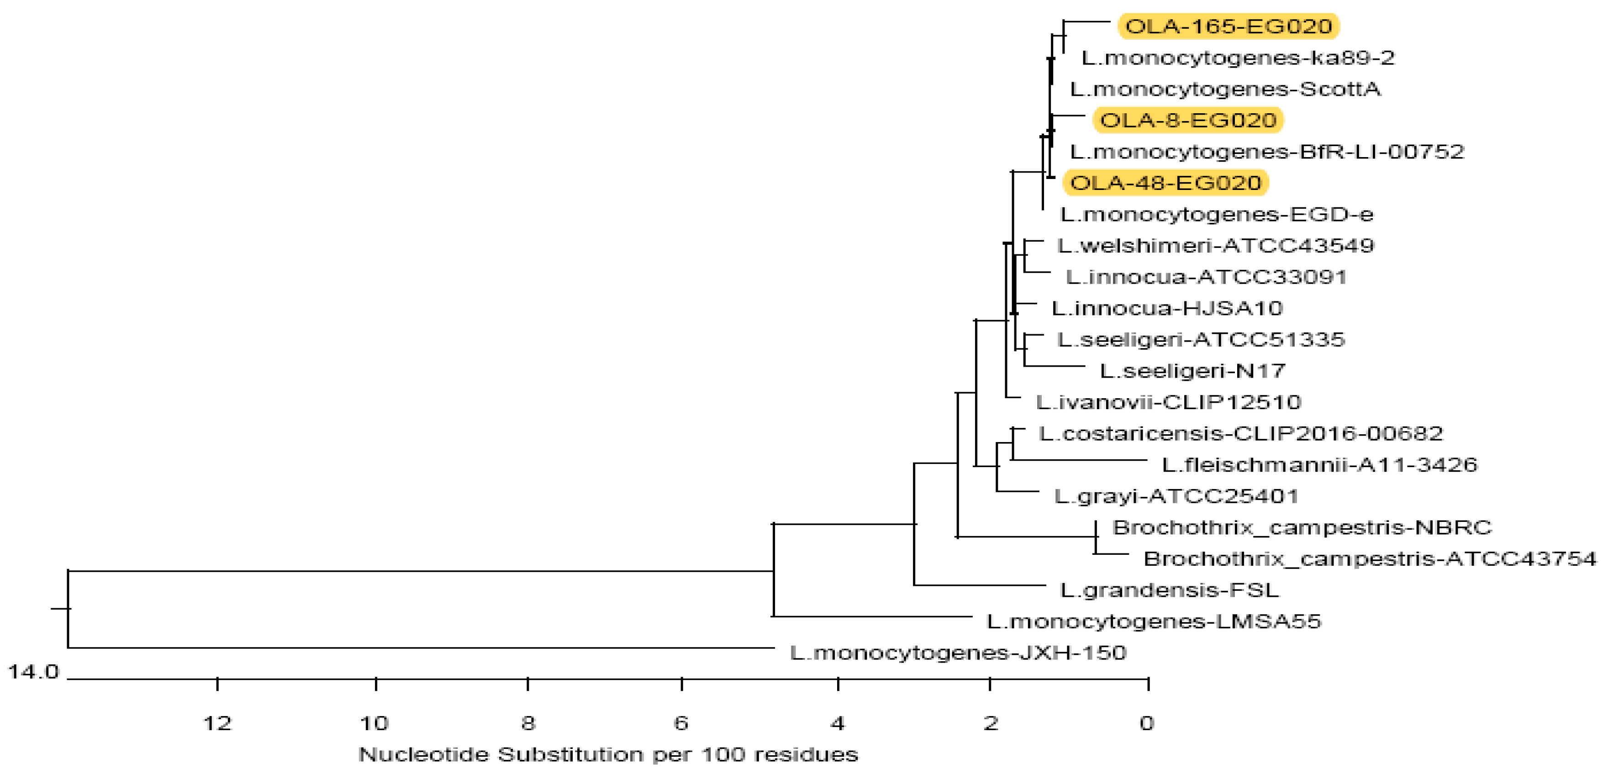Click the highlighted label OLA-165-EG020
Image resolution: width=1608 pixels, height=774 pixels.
[x=1228, y=26]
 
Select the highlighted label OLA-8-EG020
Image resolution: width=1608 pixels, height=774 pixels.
[x=1188, y=120]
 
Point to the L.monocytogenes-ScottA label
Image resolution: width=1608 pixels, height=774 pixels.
[x=1225, y=89]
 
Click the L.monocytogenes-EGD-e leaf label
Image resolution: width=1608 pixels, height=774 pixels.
[x=1217, y=215]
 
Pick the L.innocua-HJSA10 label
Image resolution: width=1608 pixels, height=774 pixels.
[x=1167, y=308]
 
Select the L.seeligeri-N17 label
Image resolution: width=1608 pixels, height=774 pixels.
[x=1192, y=371]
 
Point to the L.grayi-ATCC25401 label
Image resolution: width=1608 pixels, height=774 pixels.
[x=1176, y=497]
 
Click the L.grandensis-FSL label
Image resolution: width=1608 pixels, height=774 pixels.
[x=1169, y=590]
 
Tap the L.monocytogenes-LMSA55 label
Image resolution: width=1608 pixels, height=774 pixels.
[x=1154, y=621]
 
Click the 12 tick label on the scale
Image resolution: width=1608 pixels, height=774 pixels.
[x=217, y=723]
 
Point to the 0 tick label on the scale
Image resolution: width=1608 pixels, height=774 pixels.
[x=1147, y=723]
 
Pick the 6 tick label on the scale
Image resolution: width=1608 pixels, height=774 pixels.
[x=680, y=723]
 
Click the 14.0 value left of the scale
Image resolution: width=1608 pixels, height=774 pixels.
[x=32, y=672]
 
